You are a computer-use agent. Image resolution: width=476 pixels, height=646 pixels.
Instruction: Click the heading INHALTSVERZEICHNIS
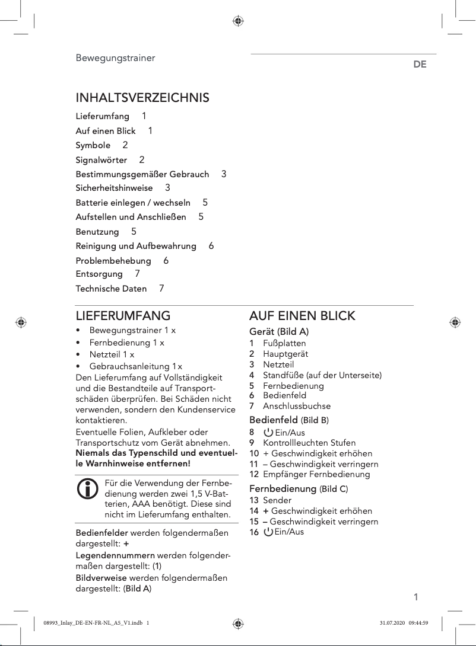[142, 97]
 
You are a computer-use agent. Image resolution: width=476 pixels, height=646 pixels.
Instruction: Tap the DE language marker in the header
[420, 65]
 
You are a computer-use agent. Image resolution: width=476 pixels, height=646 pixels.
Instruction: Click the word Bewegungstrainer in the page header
[115, 58]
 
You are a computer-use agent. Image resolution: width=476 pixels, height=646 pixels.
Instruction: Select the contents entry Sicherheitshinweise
[114, 188]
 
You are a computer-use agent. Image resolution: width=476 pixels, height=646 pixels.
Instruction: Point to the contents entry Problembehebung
[113, 261]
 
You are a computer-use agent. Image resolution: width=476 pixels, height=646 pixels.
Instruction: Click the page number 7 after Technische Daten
[161, 289]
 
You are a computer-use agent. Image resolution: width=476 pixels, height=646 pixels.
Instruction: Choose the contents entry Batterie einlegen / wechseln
[133, 203]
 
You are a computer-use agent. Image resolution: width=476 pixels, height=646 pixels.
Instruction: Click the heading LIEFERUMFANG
[123, 315]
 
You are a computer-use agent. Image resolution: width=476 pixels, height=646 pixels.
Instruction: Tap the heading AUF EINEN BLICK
[302, 315]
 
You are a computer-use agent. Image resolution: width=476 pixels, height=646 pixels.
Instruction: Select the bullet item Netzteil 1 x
[112, 354]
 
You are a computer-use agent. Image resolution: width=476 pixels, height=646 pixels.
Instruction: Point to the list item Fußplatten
[284, 343]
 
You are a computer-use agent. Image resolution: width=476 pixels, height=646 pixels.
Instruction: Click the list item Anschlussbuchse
[297, 406]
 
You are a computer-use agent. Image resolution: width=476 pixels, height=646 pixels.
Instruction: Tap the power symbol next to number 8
[268, 433]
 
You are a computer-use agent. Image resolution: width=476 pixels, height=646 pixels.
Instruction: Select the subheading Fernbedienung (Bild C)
[299, 489]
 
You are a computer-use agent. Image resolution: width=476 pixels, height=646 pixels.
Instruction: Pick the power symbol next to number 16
[268, 532]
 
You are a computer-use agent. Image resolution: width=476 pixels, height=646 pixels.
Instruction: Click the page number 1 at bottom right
[415, 597]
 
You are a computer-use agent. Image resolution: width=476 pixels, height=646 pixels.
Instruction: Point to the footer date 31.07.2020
[391, 622]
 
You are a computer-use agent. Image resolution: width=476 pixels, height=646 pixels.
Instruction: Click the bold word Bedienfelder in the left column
[101, 533]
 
